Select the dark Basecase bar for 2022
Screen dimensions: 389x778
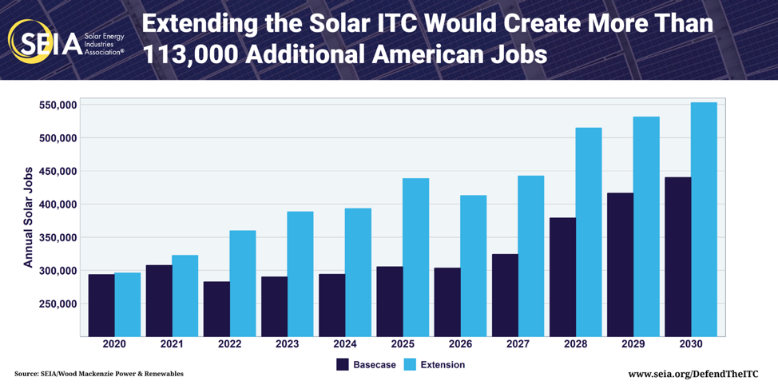[x=216, y=308]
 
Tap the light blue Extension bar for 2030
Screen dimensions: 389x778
[x=704, y=220]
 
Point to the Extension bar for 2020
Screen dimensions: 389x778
[x=128, y=304]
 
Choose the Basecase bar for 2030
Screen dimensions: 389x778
[x=677, y=256]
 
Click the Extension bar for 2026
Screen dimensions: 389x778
[x=473, y=266]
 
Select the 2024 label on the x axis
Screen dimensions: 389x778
[x=345, y=344]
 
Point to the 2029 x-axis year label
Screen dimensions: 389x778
[x=633, y=344]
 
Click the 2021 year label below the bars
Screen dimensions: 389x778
[x=172, y=344]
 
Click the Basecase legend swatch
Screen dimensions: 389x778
[x=343, y=364]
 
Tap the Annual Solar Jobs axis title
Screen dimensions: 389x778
[x=28, y=217]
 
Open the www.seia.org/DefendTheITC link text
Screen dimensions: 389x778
[x=692, y=374]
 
